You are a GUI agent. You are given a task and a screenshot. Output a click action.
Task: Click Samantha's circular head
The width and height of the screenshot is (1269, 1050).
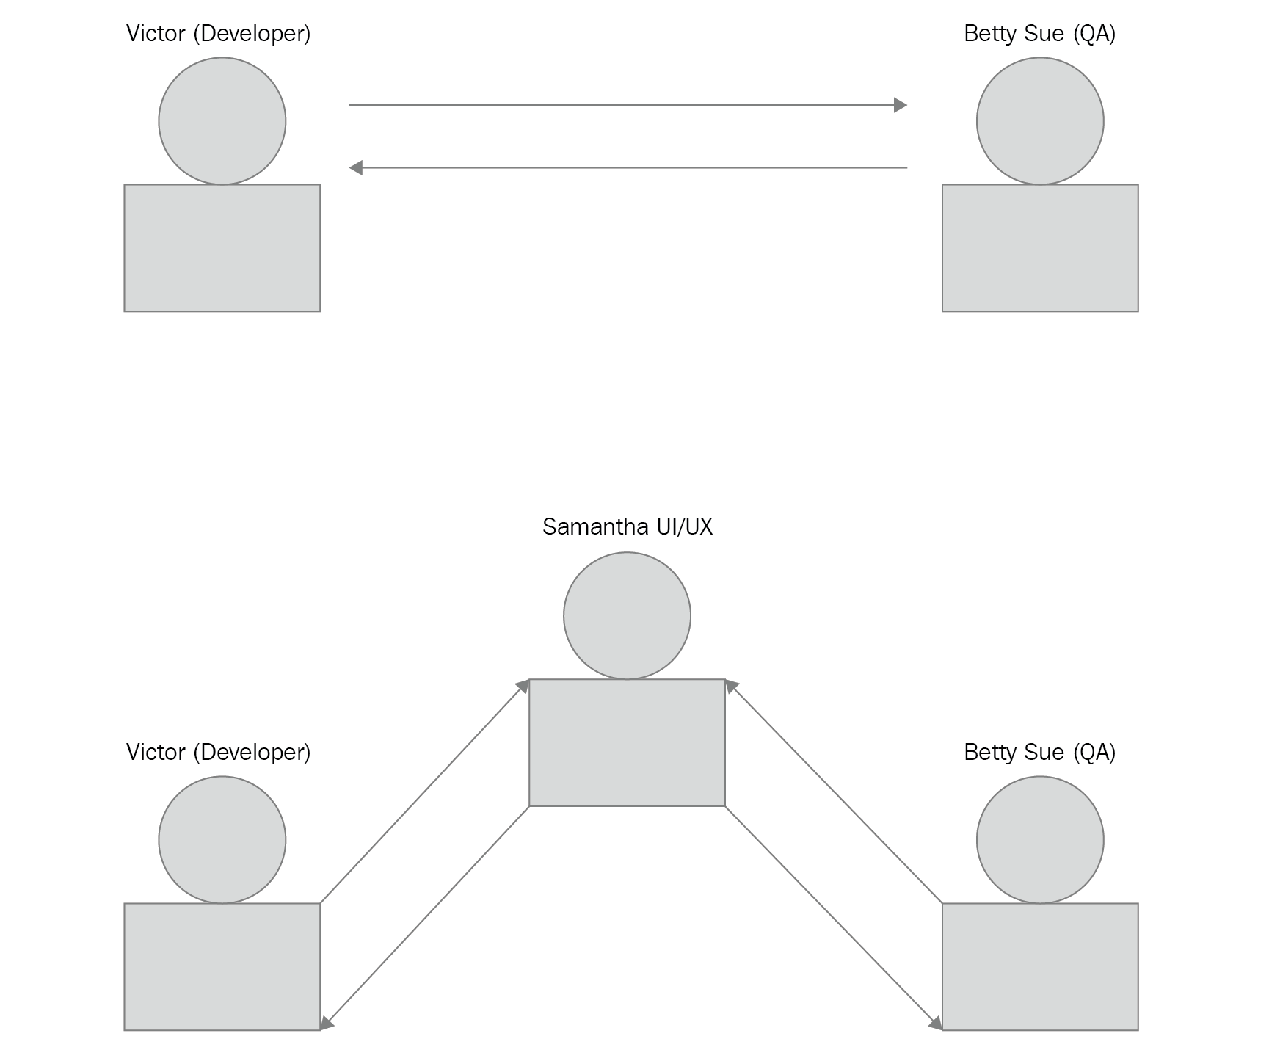(x=627, y=615)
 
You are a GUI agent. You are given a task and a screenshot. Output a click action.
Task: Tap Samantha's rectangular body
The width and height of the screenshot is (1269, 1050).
(x=627, y=742)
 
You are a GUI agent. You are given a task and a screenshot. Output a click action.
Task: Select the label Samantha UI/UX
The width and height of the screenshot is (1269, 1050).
(x=628, y=526)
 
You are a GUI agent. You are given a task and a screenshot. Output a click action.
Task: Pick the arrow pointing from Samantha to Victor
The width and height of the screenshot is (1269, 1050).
(x=425, y=918)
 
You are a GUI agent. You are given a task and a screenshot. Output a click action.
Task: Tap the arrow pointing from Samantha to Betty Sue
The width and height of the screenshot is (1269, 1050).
(x=834, y=918)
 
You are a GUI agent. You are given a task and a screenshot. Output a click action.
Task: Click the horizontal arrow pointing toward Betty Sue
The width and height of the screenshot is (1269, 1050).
(x=628, y=105)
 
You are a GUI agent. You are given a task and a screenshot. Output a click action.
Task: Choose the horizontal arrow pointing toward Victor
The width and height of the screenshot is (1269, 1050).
(x=628, y=168)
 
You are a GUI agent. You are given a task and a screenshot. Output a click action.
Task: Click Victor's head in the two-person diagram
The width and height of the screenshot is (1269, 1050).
(x=222, y=121)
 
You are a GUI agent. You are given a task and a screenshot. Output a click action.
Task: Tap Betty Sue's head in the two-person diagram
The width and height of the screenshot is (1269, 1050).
(x=1040, y=121)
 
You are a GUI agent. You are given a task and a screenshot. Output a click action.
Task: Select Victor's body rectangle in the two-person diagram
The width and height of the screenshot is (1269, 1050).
(x=222, y=248)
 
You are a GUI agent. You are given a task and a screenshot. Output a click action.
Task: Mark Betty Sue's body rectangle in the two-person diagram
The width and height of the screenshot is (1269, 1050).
(x=1040, y=248)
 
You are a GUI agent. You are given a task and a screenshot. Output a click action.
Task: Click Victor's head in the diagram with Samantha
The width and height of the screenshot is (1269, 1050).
(x=222, y=840)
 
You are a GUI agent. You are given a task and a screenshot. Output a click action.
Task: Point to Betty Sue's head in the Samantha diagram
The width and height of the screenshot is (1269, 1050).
(x=1040, y=840)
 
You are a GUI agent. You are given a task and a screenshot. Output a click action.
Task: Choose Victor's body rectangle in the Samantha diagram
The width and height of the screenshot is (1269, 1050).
(x=222, y=967)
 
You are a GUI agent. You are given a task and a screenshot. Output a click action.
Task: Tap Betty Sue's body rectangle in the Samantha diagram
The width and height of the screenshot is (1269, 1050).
(x=1040, y=967)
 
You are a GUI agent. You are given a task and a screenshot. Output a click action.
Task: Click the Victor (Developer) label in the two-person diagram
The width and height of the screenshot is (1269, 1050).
(x=219, y=34)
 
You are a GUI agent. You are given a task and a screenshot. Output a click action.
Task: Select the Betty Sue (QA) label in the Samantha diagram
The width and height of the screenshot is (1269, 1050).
(x=1040, y=753)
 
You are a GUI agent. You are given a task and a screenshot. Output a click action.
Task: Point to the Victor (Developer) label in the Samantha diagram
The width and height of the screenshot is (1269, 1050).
(x=219, y=753)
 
